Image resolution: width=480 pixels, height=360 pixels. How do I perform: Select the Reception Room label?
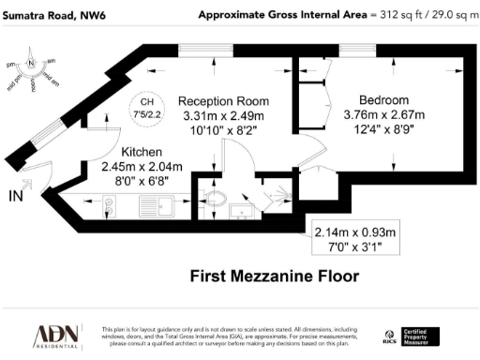[x=224, y=101]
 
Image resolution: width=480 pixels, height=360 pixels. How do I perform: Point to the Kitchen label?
[x=142, y=152]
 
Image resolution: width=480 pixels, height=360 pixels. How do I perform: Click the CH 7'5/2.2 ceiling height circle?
[x=146, y=109]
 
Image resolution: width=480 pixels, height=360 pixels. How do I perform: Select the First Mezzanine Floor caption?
[x=262, y=276]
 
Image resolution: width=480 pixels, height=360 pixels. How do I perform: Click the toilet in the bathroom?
[x=214, y=199]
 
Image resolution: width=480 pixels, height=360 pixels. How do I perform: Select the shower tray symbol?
[x=277, y=195]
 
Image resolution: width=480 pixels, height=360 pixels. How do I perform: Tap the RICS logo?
[x=389, y=337]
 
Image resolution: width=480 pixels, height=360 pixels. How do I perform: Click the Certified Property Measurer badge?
[x=420, y=336]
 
